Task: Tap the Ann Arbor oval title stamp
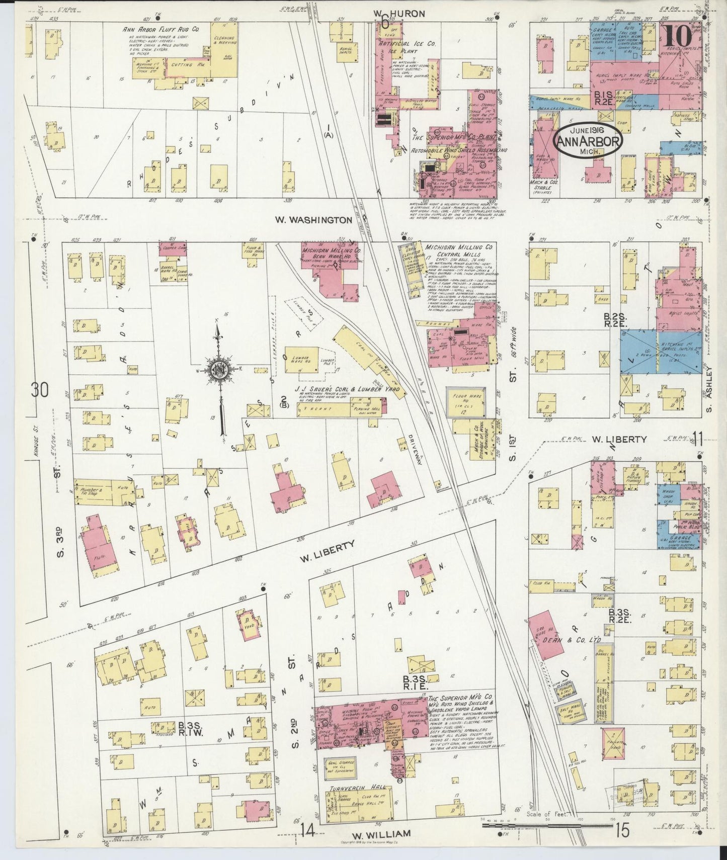click(x=588, y=141)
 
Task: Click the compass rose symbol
click(x=219, y=372)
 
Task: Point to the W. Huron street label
click(x=399, y=13)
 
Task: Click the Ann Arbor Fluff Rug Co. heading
click(x=161, y=30)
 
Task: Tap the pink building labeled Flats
click(x=101, y=549)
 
